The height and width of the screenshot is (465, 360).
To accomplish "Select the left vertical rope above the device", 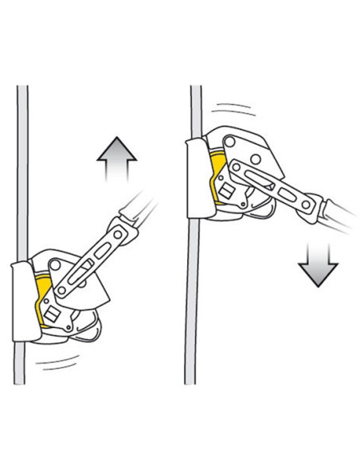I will click(x=24, y=159).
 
